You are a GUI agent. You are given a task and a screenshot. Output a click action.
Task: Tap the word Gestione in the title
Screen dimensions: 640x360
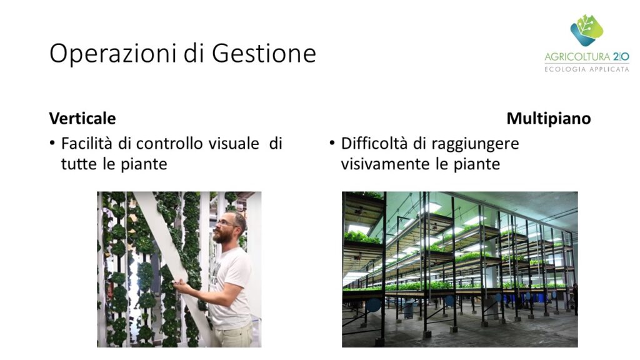[x=264, y=54]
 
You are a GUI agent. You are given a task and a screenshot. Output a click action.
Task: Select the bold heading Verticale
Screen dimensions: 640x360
[x=82, y=118]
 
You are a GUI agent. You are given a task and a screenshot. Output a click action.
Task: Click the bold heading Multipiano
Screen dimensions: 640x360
[x=549, y=118]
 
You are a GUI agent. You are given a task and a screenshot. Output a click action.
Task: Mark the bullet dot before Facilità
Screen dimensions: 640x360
[x=52, y=143]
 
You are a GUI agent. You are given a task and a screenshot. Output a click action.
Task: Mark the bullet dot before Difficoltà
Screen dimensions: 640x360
[x=332, y=143]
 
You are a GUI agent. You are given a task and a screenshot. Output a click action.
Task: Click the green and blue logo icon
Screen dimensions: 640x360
[x=586, y=30]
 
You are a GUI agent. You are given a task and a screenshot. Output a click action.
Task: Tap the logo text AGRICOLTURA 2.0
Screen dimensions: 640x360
[x=586, y=57]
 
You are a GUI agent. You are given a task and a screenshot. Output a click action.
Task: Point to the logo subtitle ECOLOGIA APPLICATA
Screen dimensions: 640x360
[x=586, y=69]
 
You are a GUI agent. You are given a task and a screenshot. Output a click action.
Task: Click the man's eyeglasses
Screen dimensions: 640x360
[x=226, y=223]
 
